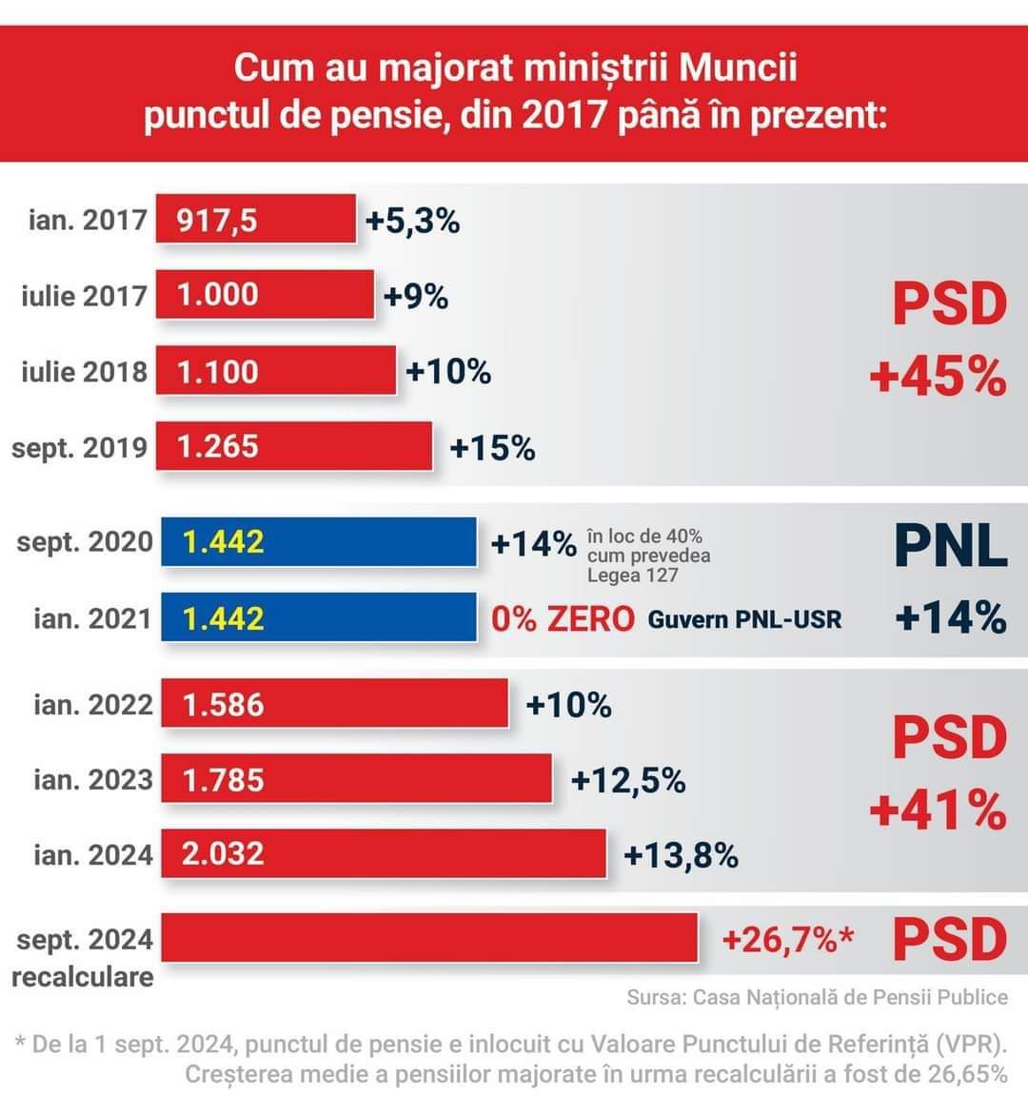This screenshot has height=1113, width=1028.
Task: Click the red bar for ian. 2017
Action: tap(255, 220)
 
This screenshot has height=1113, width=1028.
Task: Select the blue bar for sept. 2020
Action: tap(319, 542)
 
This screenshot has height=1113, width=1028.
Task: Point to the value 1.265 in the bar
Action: tap(218, 446)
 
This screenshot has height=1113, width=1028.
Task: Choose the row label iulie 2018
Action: tap(84, 371)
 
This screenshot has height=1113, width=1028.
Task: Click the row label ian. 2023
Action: tap(92, 779)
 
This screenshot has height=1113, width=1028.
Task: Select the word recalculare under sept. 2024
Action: tap(83, 977)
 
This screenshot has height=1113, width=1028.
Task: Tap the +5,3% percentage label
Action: tap(412, 221)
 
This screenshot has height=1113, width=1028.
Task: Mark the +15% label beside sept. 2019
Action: tap(492, 447)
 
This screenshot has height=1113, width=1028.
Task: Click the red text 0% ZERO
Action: tap(563, 619)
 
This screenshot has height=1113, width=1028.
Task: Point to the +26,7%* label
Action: tap(787, 940)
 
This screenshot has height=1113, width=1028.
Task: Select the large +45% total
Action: tap(938, 378)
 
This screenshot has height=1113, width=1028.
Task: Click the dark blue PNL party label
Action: tap(950, 545)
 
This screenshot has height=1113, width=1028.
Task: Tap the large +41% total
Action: tap(938, 810)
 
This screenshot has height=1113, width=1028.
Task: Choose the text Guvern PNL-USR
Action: tap(744, 620)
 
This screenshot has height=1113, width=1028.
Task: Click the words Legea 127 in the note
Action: tap(632, 575)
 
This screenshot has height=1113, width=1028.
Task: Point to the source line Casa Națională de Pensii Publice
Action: tap(849, 997)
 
